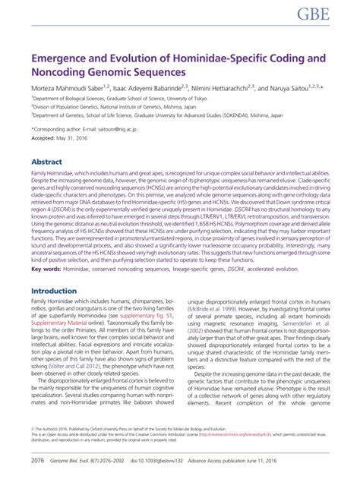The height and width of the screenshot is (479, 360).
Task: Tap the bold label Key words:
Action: point(46,269)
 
